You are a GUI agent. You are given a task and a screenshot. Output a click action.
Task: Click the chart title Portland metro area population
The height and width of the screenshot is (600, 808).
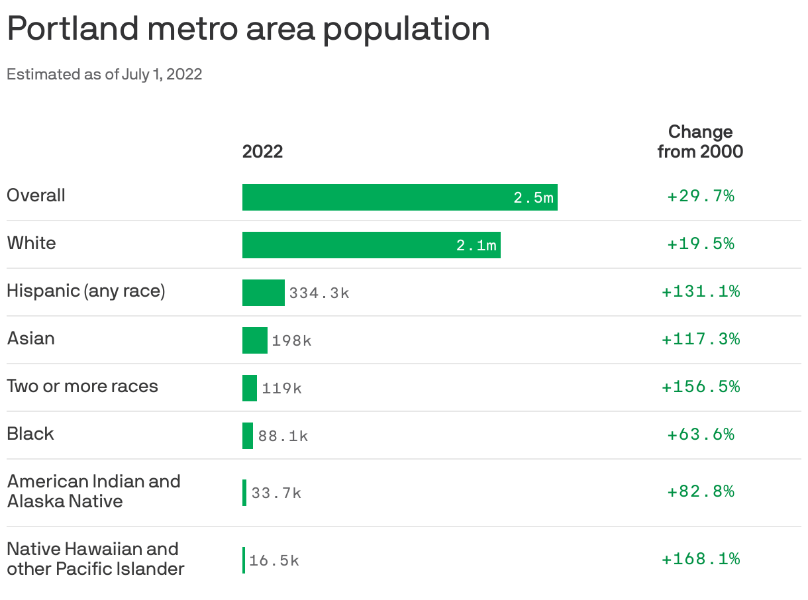point(248,29)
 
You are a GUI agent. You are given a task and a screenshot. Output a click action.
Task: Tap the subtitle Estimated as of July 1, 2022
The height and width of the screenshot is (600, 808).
point(104,74)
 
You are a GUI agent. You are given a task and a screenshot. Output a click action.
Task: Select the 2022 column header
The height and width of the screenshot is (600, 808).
point(262,152)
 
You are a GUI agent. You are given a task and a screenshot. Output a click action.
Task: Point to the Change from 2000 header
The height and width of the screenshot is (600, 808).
point(700,141)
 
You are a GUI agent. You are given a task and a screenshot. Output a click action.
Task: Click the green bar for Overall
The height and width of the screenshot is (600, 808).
point(378,197)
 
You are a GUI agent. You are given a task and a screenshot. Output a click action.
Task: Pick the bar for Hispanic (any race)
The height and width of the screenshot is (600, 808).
point(263,293)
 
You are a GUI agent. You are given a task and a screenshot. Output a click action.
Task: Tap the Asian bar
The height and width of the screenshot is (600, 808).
point(254,340)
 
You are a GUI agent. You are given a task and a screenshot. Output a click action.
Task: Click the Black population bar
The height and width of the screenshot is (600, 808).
point(248,436)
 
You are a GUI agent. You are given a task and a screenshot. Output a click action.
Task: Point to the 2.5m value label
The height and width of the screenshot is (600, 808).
point(533,197)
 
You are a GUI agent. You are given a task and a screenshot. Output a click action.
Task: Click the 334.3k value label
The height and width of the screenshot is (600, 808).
point(319,293)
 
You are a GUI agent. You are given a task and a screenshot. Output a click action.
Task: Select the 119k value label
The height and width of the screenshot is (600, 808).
point(281,388)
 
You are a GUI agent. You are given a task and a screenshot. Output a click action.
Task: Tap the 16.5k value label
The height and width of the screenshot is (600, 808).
point(274,561)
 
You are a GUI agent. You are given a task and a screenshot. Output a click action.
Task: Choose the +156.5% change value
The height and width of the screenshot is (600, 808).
point(700,387)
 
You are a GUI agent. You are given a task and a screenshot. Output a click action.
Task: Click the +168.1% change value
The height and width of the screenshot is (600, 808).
point(700,559)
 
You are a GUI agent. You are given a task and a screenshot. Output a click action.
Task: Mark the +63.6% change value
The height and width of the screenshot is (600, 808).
point(700,434)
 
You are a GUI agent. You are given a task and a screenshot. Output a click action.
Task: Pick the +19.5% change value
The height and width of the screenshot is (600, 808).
point(700,244)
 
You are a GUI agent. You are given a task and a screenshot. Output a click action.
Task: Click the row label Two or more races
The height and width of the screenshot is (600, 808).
point(82,386)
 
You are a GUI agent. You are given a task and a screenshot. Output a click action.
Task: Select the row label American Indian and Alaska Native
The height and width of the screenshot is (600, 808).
point(93,491)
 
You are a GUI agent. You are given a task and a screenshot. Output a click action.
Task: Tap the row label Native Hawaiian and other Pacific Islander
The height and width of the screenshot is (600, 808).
point(95,558)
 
